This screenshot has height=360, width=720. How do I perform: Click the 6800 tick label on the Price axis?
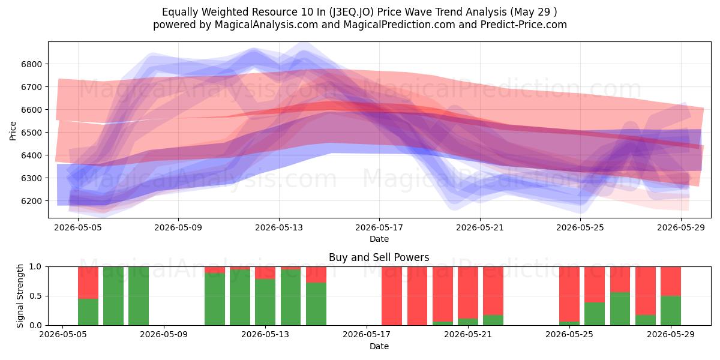[x=31, y=64]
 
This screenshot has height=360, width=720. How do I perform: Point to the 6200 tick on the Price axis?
[x=31, y=201]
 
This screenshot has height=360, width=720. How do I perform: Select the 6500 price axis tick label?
[x=31, y=133]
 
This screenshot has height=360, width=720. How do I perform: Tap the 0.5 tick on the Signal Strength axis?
[x=35, y=296]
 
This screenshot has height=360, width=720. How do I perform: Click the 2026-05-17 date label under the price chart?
[x=379, y=227]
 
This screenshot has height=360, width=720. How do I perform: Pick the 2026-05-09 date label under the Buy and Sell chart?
[x=164, y=335]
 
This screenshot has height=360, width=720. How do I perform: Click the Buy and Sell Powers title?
[x=379, y=257]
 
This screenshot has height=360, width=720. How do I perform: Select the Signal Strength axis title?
[x=20, y=296]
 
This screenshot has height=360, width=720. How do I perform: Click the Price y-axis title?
[x=13, y=131]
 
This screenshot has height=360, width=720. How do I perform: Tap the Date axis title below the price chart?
[x=379, y=239]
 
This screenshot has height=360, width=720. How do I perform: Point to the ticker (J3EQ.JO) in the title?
[x=352, y=12]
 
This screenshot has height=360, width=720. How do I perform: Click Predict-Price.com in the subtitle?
[x=524, y=25]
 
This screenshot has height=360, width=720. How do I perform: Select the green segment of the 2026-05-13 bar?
[x=265, y=302]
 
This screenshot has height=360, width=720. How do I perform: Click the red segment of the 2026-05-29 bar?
[x=671, y=281]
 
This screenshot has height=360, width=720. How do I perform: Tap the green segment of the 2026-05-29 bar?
[x=671, y=311]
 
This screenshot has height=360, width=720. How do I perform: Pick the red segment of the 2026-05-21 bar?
[x=468, y=293]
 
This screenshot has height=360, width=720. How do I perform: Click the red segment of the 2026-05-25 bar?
[x=569, y=294]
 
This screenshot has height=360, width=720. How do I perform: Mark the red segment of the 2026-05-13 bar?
[x=265, y=273]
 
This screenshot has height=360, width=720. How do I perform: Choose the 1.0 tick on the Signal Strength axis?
[x=35, y=267]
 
